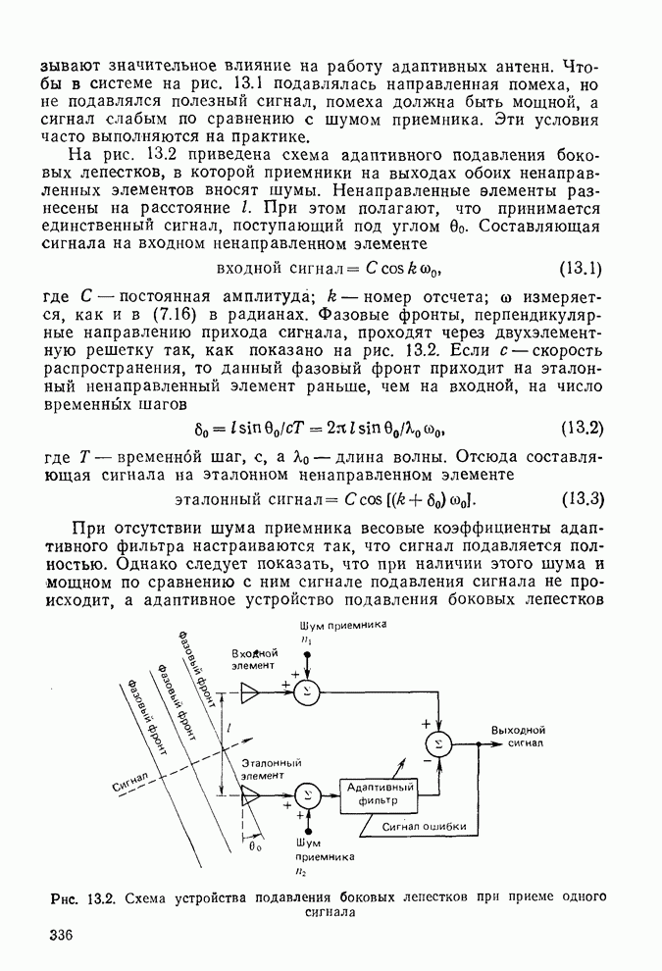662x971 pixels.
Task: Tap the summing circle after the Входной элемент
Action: click(x=307, y=693)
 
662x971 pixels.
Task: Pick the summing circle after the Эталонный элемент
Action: click(x=307, y=794)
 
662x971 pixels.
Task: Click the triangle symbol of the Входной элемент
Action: click(x=251, y=693)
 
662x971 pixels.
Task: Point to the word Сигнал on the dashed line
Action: click(x=129, y=782)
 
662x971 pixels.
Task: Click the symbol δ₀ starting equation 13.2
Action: click(x=203, y=429)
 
